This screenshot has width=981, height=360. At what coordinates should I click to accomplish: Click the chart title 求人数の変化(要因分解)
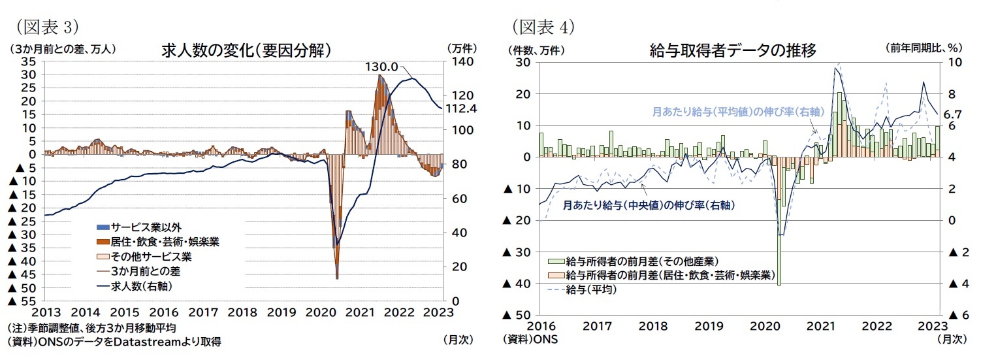(244, 50)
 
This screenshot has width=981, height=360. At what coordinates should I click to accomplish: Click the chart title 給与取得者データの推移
(732, 50)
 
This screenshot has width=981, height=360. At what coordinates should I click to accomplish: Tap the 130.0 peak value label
(381, 67)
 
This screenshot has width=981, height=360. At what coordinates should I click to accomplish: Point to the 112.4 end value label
(460, 108)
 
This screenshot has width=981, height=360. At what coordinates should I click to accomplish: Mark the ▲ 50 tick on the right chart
(517, 315)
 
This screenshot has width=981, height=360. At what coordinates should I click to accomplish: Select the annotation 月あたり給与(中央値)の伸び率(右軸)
(649, 205)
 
